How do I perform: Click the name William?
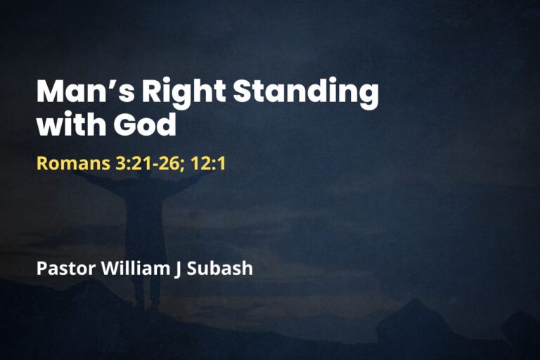[133, 268]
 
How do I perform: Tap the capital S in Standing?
[243, 93]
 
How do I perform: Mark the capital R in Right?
[155, 93]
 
